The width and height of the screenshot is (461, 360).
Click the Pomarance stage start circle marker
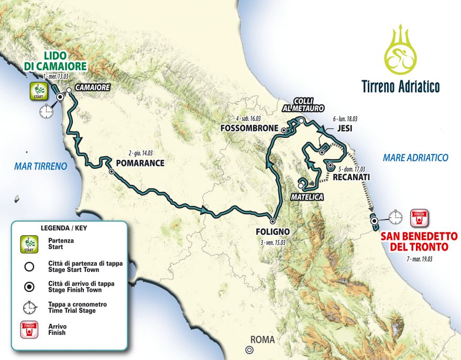click(x=111, y=171)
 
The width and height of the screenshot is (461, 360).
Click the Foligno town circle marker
click(x=272, y=220)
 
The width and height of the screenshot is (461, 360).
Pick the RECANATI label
click(x=351, y=178)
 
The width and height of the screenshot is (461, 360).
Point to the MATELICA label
click(x=306, y=197)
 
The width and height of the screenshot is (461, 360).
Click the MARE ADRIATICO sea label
click(x=415, y=157)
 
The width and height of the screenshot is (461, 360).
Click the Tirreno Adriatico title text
click(x=400, y=86)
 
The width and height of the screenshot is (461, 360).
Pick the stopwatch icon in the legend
click(x=29, y=309)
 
